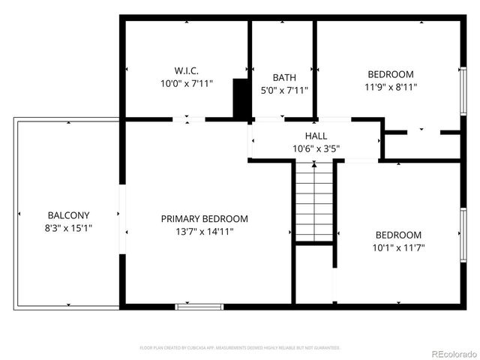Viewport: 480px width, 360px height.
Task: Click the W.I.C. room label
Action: click(186, 71)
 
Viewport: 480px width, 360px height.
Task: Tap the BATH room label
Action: click(284, 77)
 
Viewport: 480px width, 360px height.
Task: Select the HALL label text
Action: click(316, 136)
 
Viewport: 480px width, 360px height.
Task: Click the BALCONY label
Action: click(68, 215)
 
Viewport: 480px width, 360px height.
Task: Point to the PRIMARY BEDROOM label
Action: click(204, 219)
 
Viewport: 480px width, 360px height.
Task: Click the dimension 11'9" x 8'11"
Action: click(390, 87)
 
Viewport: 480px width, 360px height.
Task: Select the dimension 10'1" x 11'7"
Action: click(399, 247)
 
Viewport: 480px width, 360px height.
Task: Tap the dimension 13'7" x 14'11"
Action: click(204, 232)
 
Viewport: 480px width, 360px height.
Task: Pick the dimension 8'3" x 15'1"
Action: click(68, 228)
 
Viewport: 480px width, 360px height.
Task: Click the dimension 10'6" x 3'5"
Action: click(316, 148)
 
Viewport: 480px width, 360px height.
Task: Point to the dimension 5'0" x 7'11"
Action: click(284, 90)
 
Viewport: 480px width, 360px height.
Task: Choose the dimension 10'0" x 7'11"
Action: click(186, 84)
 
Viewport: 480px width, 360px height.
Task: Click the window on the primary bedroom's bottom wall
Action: click(199, 306)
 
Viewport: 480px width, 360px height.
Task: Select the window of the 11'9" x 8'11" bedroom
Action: click(463, 90)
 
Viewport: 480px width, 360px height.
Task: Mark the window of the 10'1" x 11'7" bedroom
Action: click(463, 234)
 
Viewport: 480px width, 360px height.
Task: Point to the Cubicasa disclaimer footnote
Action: click(240, 348)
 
